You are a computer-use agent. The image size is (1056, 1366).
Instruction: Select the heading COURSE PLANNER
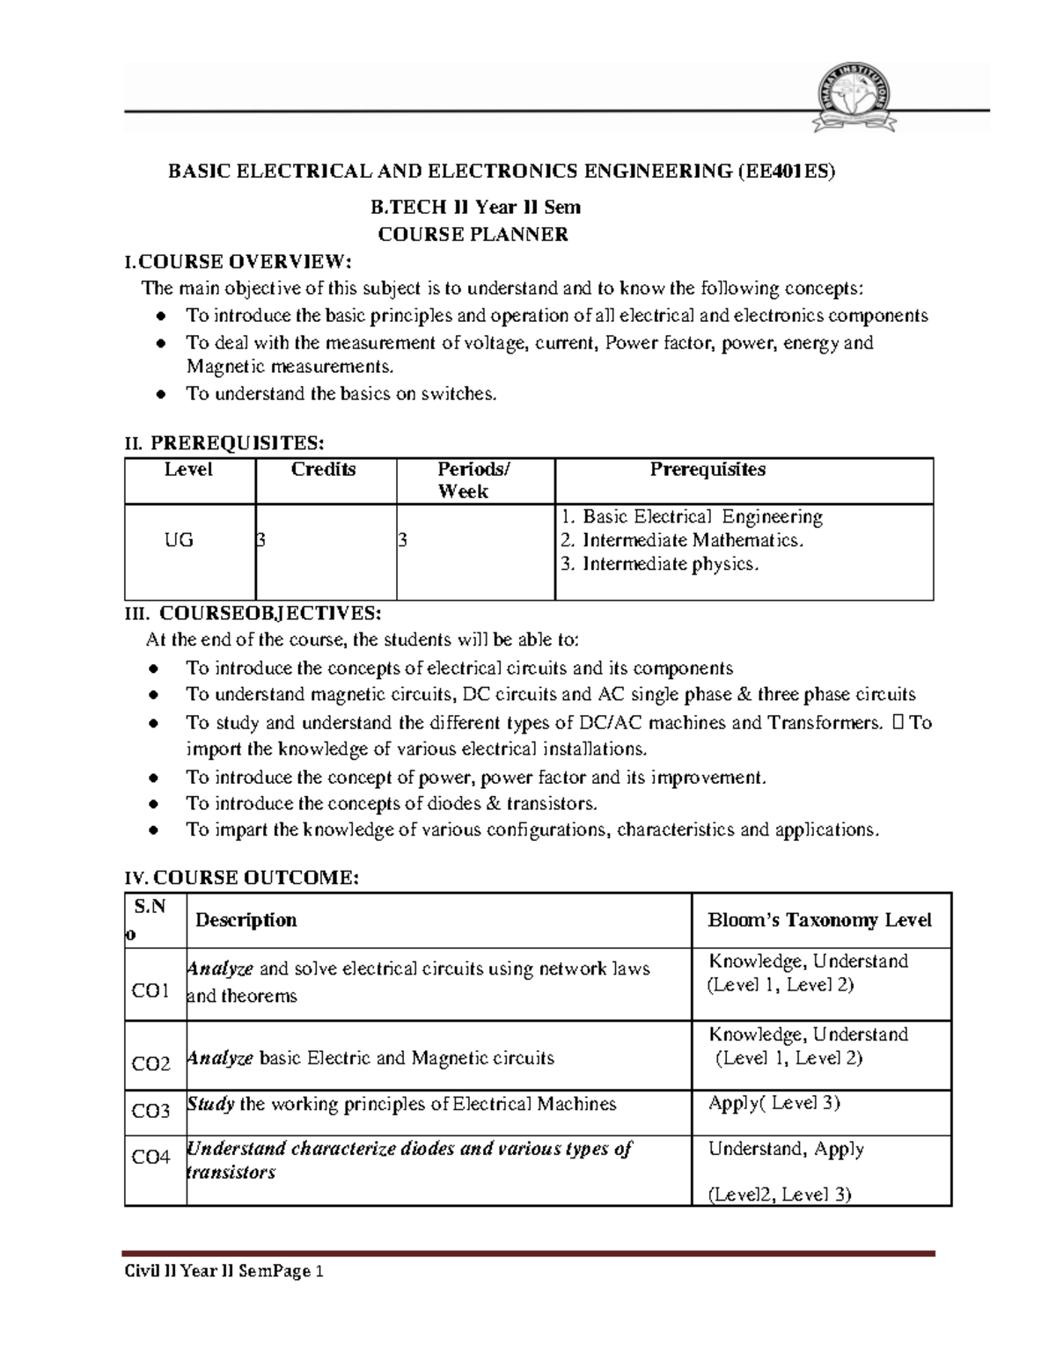click(x=473, y=235)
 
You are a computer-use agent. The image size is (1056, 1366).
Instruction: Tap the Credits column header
click(x=323, y=470)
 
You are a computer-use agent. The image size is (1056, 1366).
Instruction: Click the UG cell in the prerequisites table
click(x=179, y=540)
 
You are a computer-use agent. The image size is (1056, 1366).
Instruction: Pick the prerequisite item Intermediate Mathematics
click(x=682, y=540)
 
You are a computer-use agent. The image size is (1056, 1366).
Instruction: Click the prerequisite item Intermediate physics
click(x=659, y=564)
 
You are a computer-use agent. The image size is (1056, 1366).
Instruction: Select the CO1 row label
click(x=150, y=991)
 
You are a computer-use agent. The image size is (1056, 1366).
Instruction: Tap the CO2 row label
click(x=151, y=1064)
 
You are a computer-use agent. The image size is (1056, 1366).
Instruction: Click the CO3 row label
click(x=151, y=1111)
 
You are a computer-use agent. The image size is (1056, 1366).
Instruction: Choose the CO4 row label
click(x=151, y=1157)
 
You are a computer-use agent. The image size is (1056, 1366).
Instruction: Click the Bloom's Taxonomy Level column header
click(x=819, y=920)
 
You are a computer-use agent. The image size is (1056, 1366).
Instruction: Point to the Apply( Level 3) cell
click(x=774, y=1103)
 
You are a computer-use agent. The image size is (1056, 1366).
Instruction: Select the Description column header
click(x=246, y=920)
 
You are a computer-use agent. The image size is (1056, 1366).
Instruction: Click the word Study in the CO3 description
click(x=210, y=1104)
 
